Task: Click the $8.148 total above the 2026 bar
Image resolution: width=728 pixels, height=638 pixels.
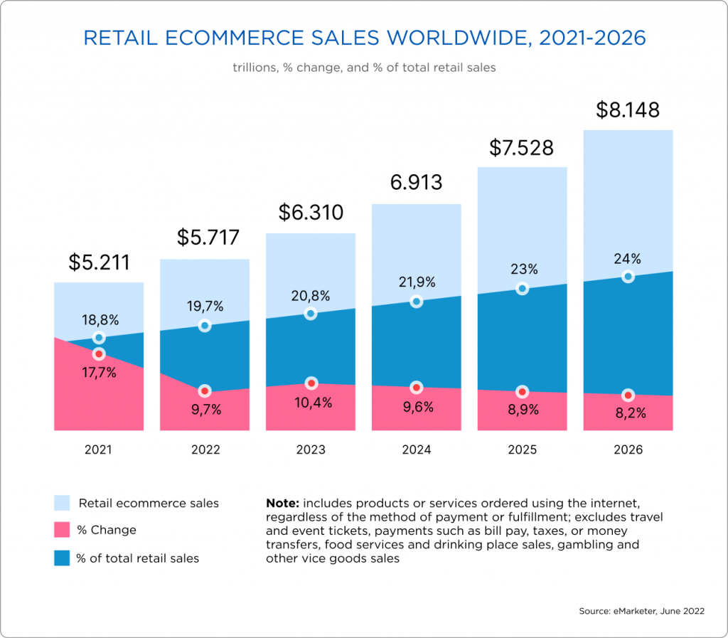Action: (x=628, y=111)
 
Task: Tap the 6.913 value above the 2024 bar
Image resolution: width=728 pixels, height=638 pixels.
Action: (x=416, y=182)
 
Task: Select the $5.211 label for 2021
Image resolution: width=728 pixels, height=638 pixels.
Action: (x=99, y=262)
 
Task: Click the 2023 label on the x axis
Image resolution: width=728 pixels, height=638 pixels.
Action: (x=311, y=450)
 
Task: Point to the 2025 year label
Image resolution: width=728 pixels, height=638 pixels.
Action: (x=523, y=450)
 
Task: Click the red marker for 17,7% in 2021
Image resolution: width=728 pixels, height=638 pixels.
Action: (x=99, y=353)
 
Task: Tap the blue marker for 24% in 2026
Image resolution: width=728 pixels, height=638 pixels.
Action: (x=628, y=276)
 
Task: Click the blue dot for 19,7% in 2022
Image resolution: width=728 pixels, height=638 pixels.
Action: (x=205, y=326)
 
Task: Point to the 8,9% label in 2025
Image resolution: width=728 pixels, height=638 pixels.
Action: (x=523, y=410)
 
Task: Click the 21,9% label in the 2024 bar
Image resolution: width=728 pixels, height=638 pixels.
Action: (x=416, y=282)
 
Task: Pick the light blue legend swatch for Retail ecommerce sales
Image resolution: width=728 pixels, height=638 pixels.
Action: (x=62, y=503)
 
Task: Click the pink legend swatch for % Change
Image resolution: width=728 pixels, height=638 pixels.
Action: (x=62, y=530)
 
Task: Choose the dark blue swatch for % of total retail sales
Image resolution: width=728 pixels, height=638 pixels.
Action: (x=62, y=558)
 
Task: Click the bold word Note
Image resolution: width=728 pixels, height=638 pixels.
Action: (x=281, y=503)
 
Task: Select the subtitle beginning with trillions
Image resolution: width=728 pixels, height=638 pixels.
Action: (x=363, y=68)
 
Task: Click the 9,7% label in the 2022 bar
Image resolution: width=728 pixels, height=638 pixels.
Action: (x=205, y=410)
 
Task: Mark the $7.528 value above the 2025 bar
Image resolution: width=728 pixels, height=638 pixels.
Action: (x=521, y=148)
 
